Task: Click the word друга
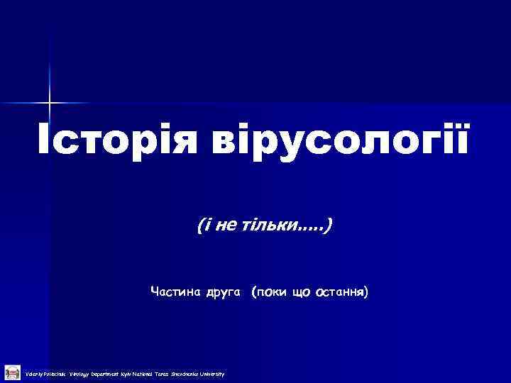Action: click(x=224, y=292)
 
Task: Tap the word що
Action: click(x=300, y=292)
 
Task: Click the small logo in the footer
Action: click(x=11, y=372)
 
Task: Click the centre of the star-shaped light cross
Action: click(x=50, y=104)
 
